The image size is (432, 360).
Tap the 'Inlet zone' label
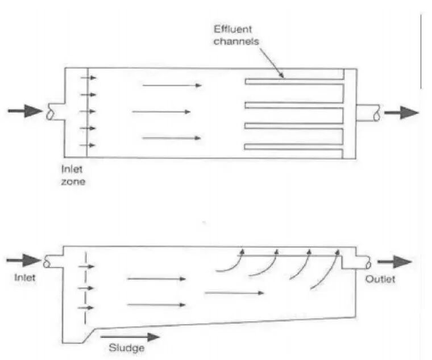point(73,174)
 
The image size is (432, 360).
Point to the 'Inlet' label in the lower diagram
point(24,278)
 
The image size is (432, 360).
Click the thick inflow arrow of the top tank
point(25,111)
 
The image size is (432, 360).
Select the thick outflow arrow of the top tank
point(401,112)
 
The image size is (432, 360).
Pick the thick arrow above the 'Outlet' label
point(394,262)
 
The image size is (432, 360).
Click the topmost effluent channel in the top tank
point(294,82)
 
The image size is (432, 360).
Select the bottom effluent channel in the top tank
point(294,146)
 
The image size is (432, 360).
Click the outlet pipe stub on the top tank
point(368,112)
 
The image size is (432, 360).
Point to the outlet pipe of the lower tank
point(358,262)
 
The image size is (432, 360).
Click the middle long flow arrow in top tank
point(161,112)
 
